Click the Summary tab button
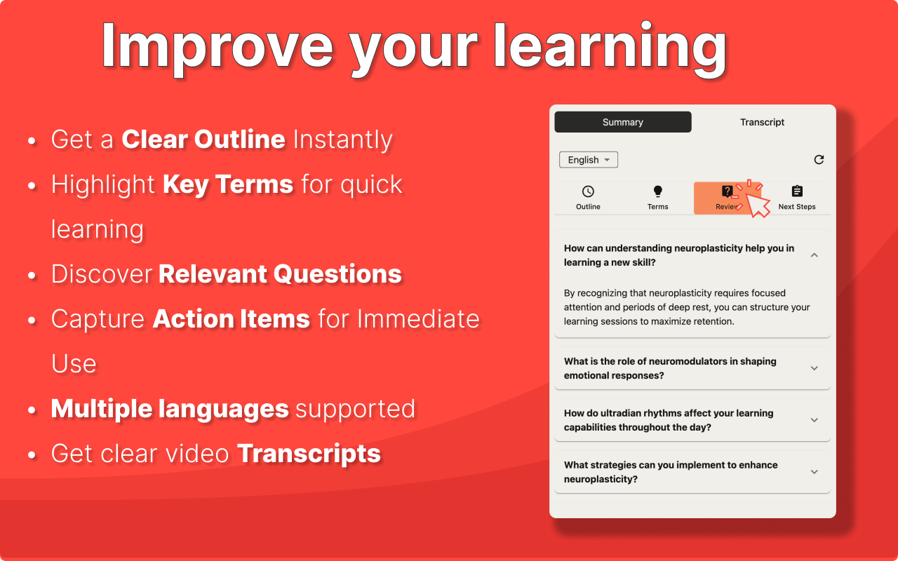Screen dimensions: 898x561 coord(622,122)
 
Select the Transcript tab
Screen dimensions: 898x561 coord(762,122)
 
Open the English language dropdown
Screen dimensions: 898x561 coord(588,160)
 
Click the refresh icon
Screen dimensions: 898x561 coord(819,160)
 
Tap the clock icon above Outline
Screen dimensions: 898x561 coord(588,191)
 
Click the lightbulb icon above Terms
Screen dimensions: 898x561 coord(657,191)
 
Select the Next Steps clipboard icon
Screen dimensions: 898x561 coord(797,191)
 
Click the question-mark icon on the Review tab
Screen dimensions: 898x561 coord(727,191)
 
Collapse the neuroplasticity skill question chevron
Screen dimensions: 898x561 coord(815,255)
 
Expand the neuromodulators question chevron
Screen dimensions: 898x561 coord(815,368)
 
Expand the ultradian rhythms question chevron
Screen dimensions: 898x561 coord(815,420)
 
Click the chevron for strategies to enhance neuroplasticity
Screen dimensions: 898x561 coord(815,472)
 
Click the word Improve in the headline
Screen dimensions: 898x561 coord(217,47)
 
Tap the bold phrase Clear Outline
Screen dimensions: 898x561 coord(203,139)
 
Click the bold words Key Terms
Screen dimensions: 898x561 coord(228,184)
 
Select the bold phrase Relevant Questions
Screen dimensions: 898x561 coord(280,274)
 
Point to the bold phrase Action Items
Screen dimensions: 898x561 coord(232,319)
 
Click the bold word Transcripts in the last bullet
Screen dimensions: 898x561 coord(309,454)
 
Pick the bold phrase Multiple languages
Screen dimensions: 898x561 coord(170,409)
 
